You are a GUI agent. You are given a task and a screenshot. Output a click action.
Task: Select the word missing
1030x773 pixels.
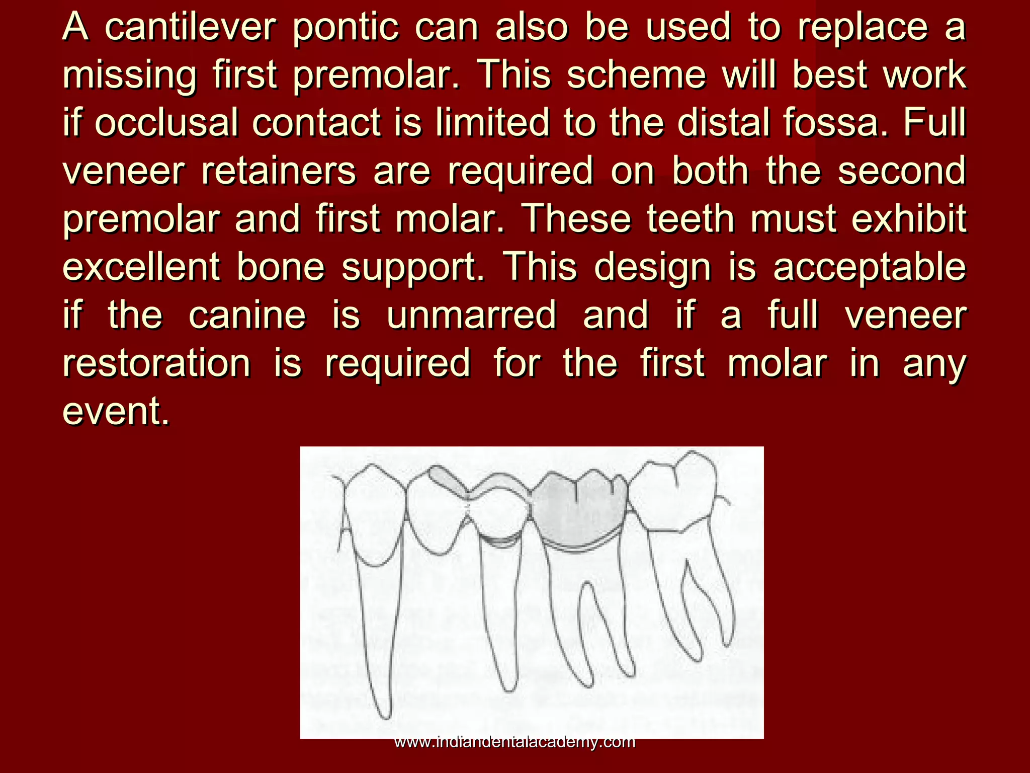(129, 76)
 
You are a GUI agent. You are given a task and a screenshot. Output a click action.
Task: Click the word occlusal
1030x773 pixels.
(166, 123)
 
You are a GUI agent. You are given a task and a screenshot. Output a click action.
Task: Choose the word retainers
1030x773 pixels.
(279, 171)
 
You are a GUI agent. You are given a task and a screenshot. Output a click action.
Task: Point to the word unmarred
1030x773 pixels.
(471, 316)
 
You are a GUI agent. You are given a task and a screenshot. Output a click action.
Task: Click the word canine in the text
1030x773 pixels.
(247, 316)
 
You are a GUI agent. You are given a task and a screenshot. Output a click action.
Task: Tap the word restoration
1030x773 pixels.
(156, 363)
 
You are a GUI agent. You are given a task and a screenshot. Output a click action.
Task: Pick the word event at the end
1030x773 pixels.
(115, 411)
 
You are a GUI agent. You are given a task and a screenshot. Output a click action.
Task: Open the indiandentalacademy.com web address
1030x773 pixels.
(514, 741)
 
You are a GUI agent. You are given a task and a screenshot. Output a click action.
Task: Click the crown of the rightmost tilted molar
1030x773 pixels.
(674, 496)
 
